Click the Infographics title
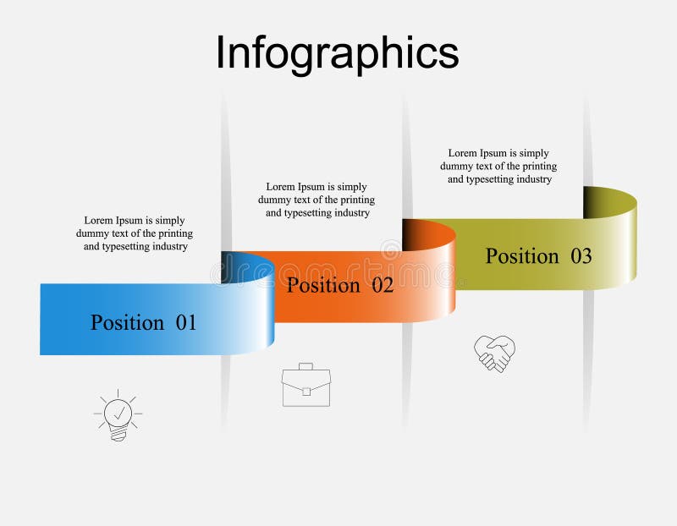click(337, 52)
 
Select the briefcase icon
click(305, 386)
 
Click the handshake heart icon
click(494, 353)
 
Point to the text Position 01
click(143, 322)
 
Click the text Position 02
click(340, 285)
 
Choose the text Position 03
click(538, 256)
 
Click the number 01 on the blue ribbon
click(186, 322)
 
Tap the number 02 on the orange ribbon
click(383, 285)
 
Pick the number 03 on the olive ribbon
click(581, 256)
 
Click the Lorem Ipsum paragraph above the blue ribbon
click(135, 233)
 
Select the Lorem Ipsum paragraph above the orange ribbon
click(316, 200)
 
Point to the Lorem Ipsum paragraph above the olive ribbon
click(498, 166)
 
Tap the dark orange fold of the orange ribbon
click(416, 233)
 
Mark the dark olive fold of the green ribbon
click(597, 201)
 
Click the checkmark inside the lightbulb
click(119, 412)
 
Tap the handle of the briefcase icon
click(305, 367)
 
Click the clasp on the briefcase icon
click(305, 392)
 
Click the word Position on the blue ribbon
click(127, 322)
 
